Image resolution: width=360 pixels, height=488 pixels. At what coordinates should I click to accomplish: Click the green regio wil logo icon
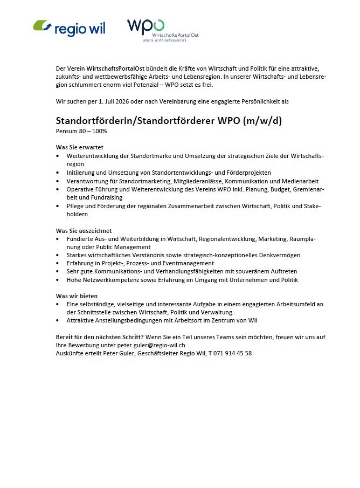point(43,26)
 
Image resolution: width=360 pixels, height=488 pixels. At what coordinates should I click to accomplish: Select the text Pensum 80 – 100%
point(81,131)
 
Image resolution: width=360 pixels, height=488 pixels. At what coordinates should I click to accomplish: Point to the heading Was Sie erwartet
point(80,147)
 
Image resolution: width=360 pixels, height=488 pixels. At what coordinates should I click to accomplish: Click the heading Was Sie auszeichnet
point(84,231)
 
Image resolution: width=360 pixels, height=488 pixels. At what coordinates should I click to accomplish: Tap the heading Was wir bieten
point(77,296)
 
